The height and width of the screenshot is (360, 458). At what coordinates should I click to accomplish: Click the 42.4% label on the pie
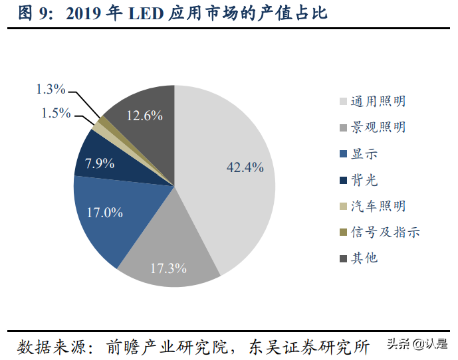(x=245, y=167)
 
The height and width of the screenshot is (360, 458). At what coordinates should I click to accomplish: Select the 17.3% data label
(x=168, y=269)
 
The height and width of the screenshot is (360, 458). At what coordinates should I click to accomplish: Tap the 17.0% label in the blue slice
(x=105, y=213)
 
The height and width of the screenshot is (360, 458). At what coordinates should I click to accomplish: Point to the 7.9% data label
(x=100, y=163)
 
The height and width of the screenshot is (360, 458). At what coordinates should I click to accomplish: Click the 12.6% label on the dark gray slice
(x=145, y=115)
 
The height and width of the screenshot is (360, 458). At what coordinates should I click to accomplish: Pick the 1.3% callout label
(x=51, y=89)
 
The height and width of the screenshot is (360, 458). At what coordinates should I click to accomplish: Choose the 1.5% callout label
(x=56, y=112)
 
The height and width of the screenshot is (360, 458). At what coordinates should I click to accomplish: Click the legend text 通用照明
(x=379, y=102)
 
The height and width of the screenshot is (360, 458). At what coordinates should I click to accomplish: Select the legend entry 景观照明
(x=379, y=128)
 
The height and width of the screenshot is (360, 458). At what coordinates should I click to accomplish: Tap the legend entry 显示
(x=364, y=153)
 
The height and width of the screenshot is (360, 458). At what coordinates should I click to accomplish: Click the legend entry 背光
(x=364, y=180)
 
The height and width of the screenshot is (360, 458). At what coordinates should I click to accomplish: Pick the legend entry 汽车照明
(x=379, y=206)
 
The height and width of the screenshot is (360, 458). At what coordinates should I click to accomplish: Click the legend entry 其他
(x=364, y=258)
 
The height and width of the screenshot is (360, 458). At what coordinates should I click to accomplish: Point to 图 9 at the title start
(x=33, y=13)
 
